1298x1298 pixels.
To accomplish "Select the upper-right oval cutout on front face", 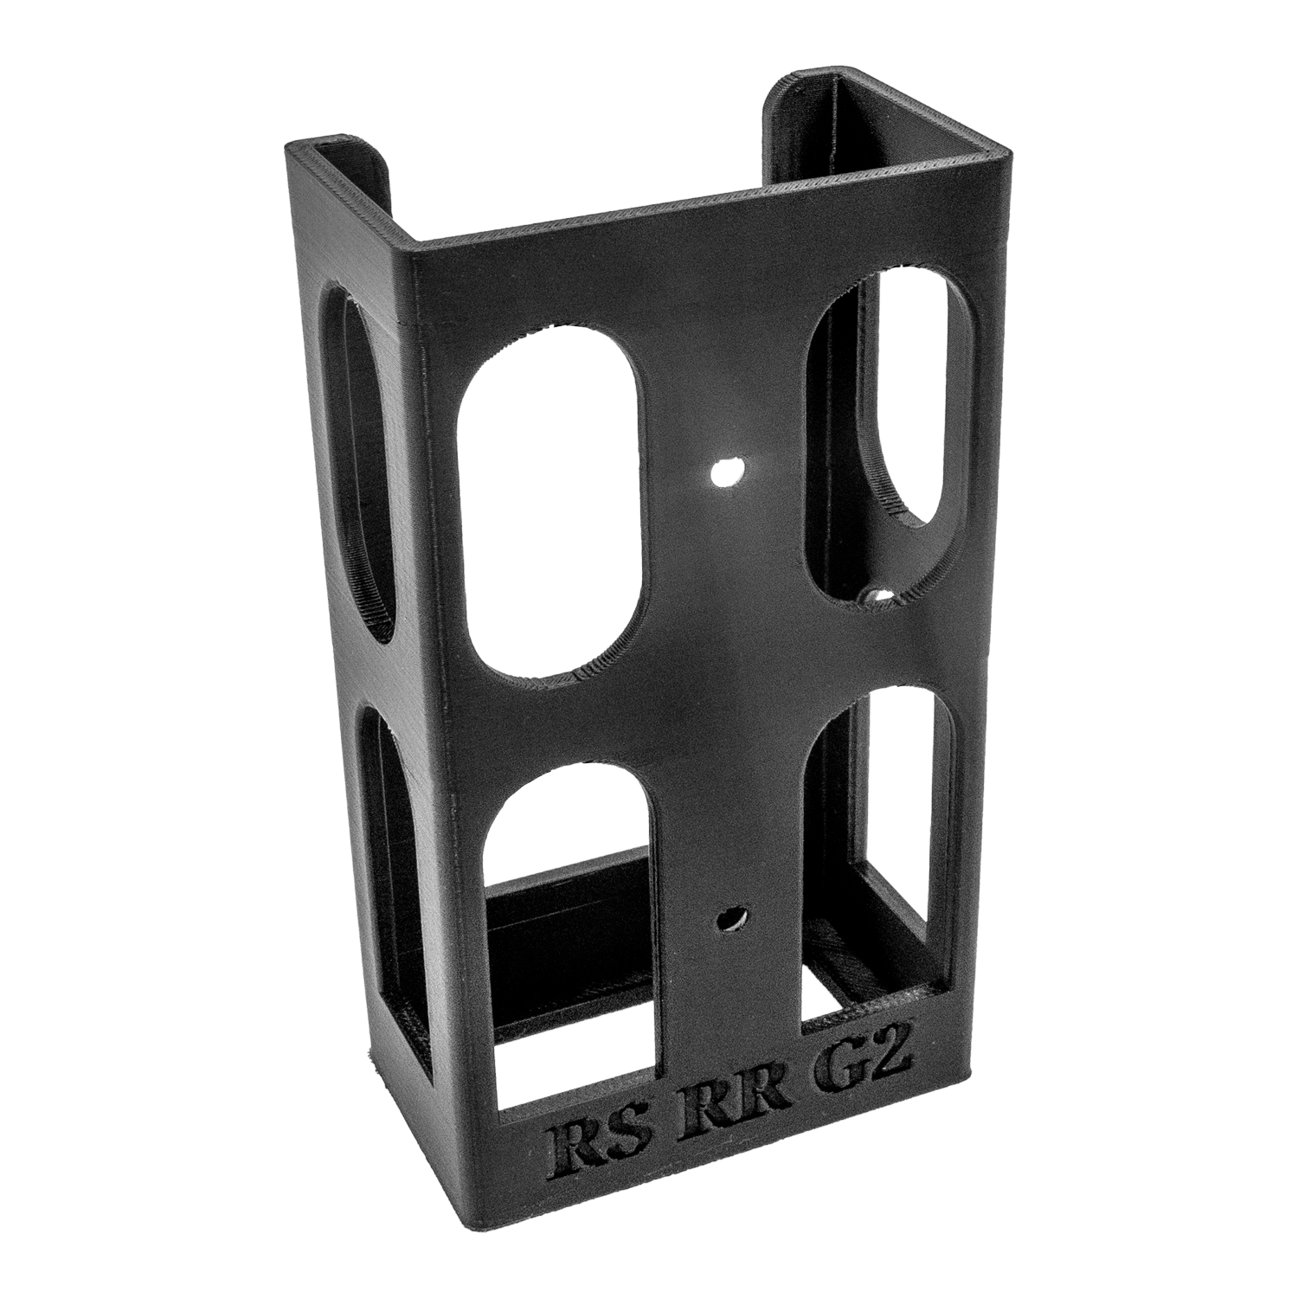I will click(x=876, y=433).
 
